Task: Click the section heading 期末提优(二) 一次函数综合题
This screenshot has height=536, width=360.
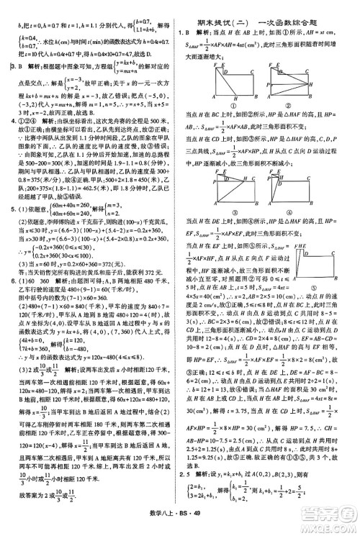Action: (270, 9)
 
